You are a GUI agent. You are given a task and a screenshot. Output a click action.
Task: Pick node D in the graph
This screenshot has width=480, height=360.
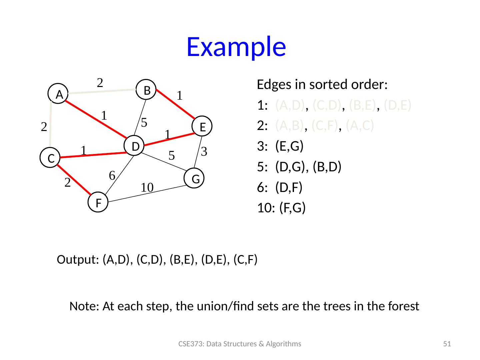click(134, 146)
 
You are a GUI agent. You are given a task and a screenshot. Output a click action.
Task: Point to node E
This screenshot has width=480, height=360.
click(202, 127)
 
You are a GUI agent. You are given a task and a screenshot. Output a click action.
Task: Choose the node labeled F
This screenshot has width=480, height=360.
click(99, 202)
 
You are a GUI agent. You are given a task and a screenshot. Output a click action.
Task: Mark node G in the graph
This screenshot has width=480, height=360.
click(195, 179)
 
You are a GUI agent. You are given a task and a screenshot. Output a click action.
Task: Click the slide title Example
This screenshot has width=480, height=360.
click(236, 47)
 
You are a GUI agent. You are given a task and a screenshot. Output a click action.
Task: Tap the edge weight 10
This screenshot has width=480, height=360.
click(147, 188)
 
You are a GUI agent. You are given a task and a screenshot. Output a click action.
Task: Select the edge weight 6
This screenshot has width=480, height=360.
click(112, 175)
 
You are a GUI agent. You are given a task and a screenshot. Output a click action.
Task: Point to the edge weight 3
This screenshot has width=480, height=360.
click(205, 152)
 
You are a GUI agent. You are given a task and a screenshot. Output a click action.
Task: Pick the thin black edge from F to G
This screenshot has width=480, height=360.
click(147, 194)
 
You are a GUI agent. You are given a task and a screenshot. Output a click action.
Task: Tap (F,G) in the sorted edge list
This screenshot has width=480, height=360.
click(292, 208)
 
